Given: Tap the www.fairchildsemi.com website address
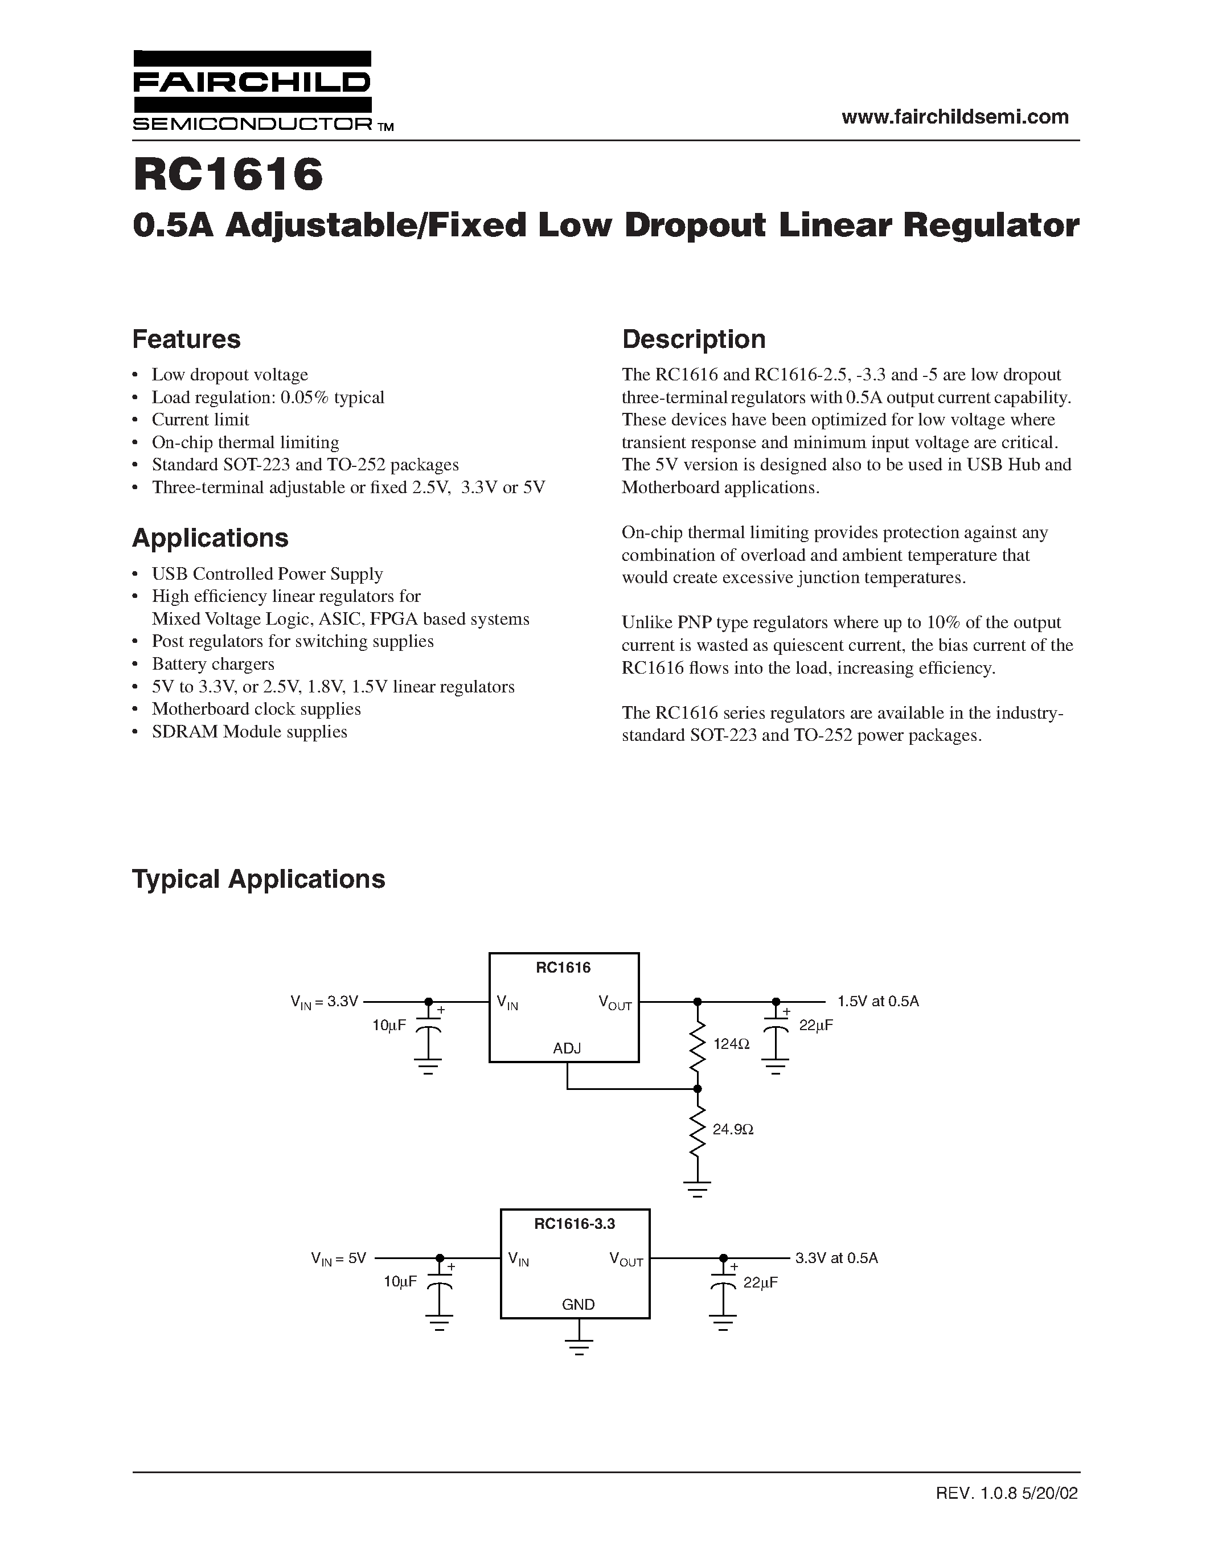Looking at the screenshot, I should click(955, 117).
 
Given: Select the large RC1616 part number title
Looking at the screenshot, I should click(228, 175).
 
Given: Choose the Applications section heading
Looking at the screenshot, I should click(210, 538).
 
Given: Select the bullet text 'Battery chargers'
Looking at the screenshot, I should click(213, 664).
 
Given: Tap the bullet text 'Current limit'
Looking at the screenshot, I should click(200, 420).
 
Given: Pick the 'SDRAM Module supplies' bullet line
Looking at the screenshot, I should click(249, 731).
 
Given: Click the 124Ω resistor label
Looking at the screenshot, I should click(731, 1044).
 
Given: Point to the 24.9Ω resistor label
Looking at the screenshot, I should click(733, 1129).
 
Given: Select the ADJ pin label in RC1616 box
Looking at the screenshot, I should click(567, 1048).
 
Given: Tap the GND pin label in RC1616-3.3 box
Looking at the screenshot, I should click(579, 1304).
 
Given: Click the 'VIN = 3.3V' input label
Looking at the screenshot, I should click(324, 1002).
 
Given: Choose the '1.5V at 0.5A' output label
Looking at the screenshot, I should click(877, 1001).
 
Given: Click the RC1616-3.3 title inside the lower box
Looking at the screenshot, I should click(574, 1224).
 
